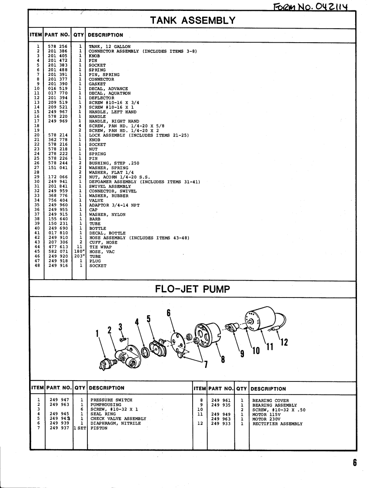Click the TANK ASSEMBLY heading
click(193, 20)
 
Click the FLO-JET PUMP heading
click(193, 289)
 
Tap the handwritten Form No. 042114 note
click(311, 6)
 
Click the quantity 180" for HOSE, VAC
click(79, 252)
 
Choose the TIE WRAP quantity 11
click(80, 247)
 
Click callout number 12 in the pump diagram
click(284, 342)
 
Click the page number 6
click(355, 462)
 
